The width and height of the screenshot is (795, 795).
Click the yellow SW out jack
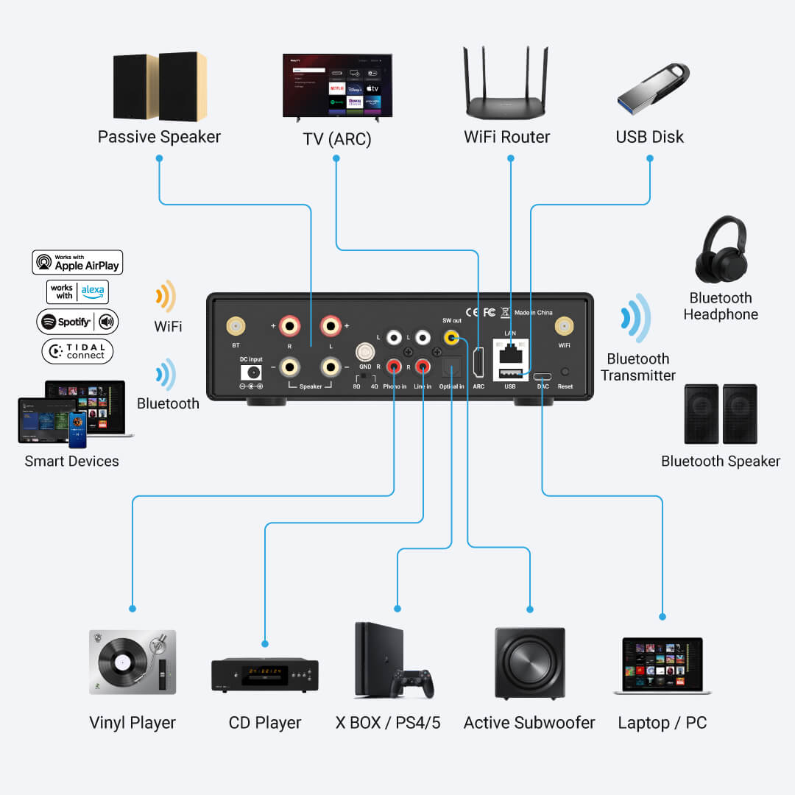click(x=451, y=338)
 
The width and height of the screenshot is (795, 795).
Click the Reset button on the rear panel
click(x=565, y=372)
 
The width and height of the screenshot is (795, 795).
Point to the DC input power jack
click(x=251, y=372)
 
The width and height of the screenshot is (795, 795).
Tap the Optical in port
click(x=451, y=366)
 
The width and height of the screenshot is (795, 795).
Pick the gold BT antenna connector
click(x=236, y=325)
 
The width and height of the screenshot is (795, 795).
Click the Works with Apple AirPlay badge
click(x=77, y=262)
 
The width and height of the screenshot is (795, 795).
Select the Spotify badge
click(x=77, y=322)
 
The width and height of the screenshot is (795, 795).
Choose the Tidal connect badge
click(x=77, y=351)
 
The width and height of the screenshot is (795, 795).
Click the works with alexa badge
click(x=77, y=291)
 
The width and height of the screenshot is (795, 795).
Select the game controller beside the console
click(x=414, y=683)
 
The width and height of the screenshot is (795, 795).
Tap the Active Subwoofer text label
click(x=529, y=723)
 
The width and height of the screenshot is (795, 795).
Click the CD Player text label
click(x=265, y=723)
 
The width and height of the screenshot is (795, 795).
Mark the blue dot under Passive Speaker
click(x=159, y=158)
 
